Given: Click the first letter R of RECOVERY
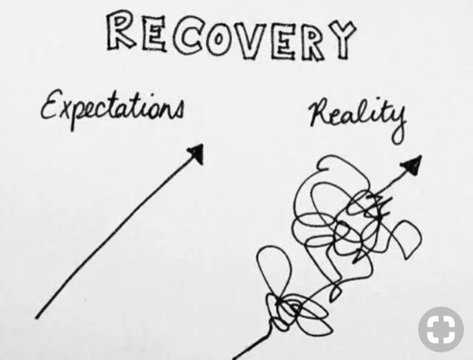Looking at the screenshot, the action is coord(120,30).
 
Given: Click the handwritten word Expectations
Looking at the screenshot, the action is coord(112,108).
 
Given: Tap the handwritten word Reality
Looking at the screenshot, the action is coord(358,116).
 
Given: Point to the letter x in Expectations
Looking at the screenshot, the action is coord(65,111).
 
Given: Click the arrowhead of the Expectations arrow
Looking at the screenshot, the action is coord(196,153).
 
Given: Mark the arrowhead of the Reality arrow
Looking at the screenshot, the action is coord(411,165).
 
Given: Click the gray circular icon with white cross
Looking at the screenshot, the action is coord(441,329).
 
